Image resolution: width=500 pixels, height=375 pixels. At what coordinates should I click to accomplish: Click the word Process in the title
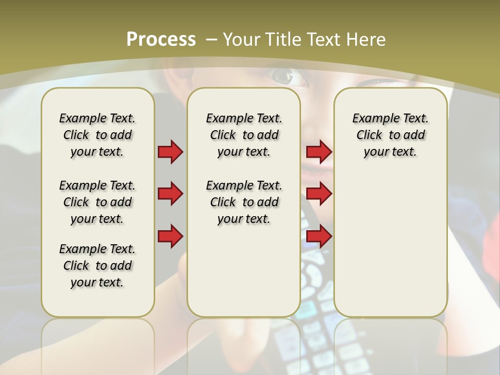(161, 39)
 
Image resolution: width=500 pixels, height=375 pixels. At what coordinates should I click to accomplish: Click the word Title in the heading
(284, 39)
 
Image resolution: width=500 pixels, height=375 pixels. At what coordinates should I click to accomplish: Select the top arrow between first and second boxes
(170, 152)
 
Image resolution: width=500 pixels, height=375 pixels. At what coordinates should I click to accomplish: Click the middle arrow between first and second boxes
(170, 194)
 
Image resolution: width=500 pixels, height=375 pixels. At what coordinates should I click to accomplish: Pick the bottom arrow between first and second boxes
(170, 236)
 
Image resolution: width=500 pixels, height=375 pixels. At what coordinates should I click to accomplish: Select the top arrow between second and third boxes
(319, 152)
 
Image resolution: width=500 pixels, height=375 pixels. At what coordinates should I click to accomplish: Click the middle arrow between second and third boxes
(319, 194)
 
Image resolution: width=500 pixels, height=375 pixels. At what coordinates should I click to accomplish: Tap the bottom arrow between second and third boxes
(319, 236)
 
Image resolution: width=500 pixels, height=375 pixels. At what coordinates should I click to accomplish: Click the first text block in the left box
(97, 135)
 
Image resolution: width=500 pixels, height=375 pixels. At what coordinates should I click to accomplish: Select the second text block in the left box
(97, 202)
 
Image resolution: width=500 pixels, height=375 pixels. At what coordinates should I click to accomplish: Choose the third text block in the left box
(97, 266)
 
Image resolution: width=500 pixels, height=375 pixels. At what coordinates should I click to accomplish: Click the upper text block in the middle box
(244, 135)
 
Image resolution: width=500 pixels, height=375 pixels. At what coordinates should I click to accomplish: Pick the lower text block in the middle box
(244, 202)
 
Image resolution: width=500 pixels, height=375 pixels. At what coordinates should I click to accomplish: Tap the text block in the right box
(390, 135)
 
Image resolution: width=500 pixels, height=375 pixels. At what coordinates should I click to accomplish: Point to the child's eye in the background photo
(284, 77)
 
